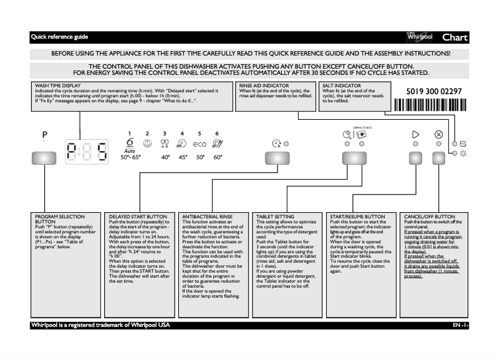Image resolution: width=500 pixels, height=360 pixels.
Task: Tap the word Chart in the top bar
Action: [454, 37]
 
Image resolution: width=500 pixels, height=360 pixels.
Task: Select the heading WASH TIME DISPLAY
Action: [57, 87]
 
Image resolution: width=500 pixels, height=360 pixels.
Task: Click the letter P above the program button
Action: [45, 135]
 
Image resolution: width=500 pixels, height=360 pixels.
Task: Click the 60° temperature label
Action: [217, 158]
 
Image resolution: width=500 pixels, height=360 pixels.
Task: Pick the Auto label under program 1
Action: [130, 151]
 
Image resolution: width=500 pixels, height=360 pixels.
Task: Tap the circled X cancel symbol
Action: [438, 134]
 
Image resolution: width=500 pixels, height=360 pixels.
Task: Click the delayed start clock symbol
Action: [276, 144]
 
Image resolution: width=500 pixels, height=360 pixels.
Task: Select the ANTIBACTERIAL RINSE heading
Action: [208, 216]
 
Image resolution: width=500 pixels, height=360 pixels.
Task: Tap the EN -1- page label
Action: [461, 326]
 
